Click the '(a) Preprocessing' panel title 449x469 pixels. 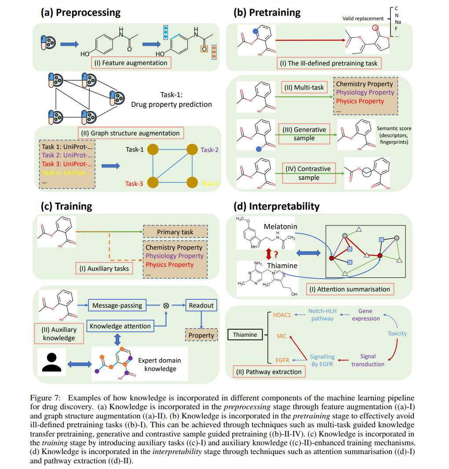pos(80,12)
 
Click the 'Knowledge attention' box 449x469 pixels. pos(120,326)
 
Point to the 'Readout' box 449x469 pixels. pos(201,305)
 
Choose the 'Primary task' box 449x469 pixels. pos(175,232)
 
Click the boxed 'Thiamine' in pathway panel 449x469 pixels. pos(245,334)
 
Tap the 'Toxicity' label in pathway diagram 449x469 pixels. pos(397,333)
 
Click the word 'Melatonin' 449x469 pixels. pos(281,226)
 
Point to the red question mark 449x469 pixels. pos(276,254)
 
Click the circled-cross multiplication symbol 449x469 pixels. pos(166,305)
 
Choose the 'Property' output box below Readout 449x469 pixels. pos(201,335)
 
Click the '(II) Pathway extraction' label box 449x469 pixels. pos(269,372)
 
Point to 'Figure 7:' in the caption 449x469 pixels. pos(47,398)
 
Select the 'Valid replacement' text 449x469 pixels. pos(363,19)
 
